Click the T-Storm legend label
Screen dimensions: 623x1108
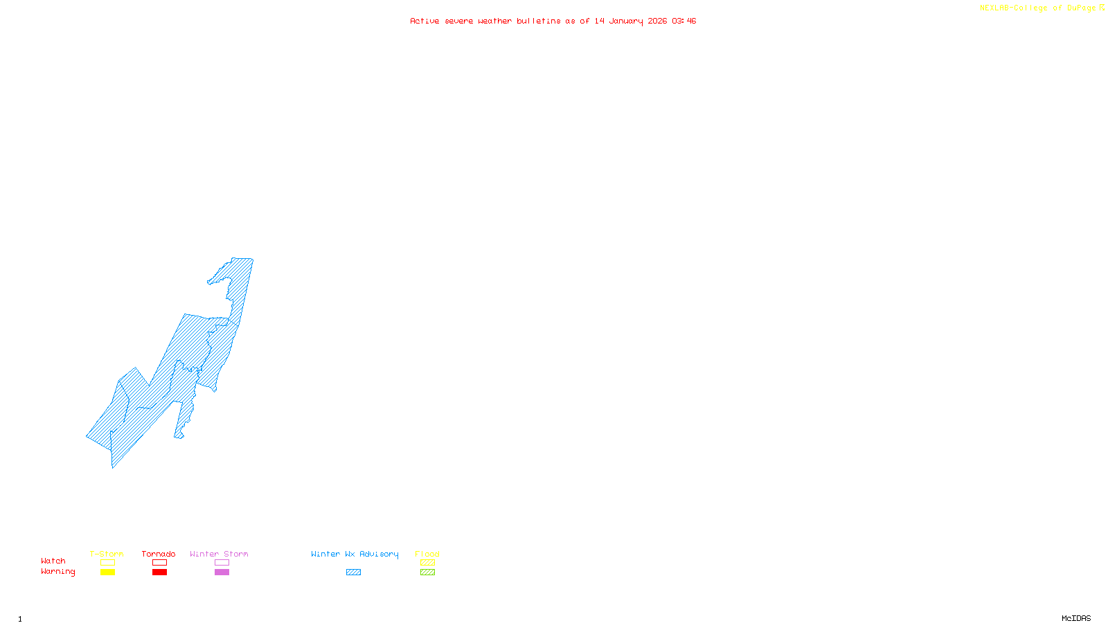[107, 554]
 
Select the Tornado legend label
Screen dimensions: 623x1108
[159, 554]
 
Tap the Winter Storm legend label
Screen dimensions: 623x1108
[219, 554]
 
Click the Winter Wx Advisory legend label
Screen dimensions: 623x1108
[355, 554]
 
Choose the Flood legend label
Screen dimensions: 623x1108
[427, 554]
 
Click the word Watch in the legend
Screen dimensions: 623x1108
[53, 561]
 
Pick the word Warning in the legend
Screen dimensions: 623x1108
[58, 572]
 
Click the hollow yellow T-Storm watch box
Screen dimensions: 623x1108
[107, 563]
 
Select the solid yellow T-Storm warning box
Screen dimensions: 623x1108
[107, 572]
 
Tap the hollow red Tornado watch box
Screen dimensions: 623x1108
[159, 563]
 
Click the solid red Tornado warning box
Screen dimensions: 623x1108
[159, 572]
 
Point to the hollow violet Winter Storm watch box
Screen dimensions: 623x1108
[222, 563]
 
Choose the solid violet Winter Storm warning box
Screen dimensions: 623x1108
[222, 572]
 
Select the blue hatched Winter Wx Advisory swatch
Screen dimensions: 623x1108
[353, 572]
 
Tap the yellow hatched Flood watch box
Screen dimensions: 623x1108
[427, 563]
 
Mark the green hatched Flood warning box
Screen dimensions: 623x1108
[427, 572]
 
